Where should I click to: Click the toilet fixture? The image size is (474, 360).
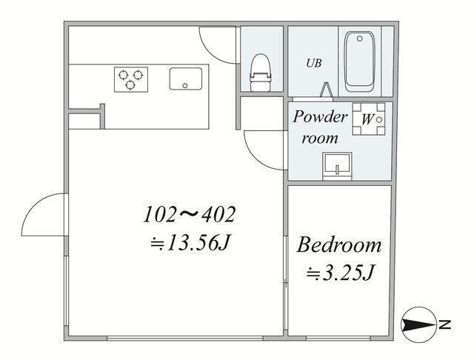point(260,73)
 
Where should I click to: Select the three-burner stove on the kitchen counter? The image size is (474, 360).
point(131,79)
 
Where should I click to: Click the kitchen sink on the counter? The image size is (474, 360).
point(187,79)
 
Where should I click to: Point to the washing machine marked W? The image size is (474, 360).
point(368,118)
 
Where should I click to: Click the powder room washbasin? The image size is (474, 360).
point(337,164)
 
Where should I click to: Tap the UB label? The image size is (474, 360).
point(315,63)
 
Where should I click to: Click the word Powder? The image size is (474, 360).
point(320,117)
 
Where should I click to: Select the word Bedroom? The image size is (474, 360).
point(339,245)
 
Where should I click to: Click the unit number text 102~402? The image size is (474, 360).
point(190,216)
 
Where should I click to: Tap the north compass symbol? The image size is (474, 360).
point(418,324)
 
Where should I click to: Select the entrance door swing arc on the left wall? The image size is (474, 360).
point(41,215)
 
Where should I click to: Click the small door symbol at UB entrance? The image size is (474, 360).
point(326,90)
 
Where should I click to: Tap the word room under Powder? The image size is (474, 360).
point(320,138)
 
